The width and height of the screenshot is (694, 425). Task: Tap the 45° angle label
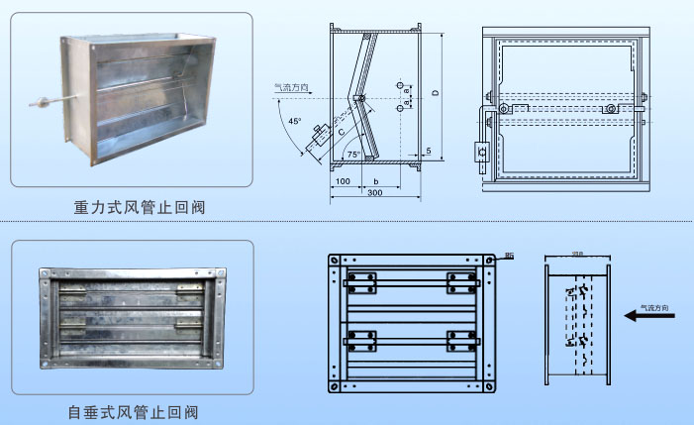click(294, 122)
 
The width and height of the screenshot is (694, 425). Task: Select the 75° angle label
click(352, 156)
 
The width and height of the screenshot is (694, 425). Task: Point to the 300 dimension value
click(375, 195)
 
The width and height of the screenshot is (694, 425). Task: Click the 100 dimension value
click(343, 181)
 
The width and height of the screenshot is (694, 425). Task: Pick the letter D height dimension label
click(435, 95)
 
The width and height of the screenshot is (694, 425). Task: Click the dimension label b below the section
click(376, 181)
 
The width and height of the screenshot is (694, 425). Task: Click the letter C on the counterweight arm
click(340, 128)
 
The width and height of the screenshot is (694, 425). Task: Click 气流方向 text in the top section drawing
click(293, 88)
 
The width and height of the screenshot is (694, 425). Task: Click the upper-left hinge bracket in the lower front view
click(361, 281)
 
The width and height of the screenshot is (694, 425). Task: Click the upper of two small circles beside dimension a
click(400, 83)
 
